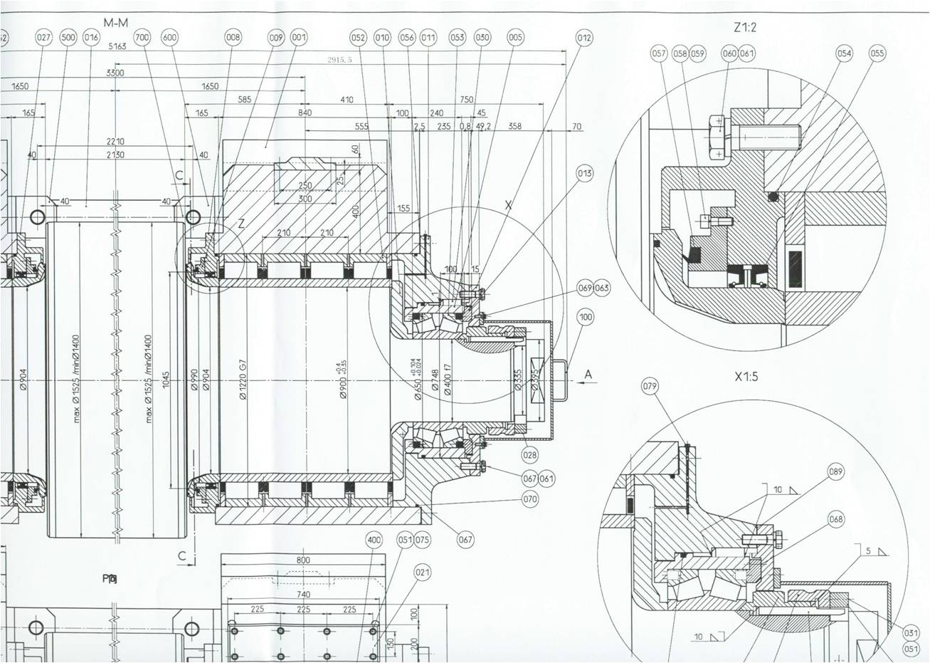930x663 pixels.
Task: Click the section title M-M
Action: coord(115,22)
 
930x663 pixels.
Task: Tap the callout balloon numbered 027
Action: coord(44,38)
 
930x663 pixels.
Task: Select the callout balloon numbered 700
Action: coord(142,38)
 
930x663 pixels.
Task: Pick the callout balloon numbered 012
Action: coord(584,38)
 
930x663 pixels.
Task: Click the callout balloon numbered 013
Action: coord(585,173)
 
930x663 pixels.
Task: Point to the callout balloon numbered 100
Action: coord(586,317)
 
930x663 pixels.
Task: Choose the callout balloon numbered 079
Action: coord(650,386)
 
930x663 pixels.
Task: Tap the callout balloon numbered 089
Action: coord(836,471)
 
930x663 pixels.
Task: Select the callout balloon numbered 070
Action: coord(530,499)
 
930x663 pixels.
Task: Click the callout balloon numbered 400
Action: coord(374,540)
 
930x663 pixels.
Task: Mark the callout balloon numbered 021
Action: coord(422,572)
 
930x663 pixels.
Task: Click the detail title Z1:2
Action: coord(745,28)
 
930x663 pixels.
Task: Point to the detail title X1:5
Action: coord(746,376)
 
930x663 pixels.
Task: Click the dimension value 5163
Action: coord(117,47)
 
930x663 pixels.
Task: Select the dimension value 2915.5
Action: coord(339,60)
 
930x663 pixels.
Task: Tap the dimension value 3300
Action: coord(114,73)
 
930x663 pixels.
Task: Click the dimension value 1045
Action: coord(166,380)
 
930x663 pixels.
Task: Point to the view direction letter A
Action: coord(588,375)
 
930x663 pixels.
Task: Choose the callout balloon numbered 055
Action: coord(877,53)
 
